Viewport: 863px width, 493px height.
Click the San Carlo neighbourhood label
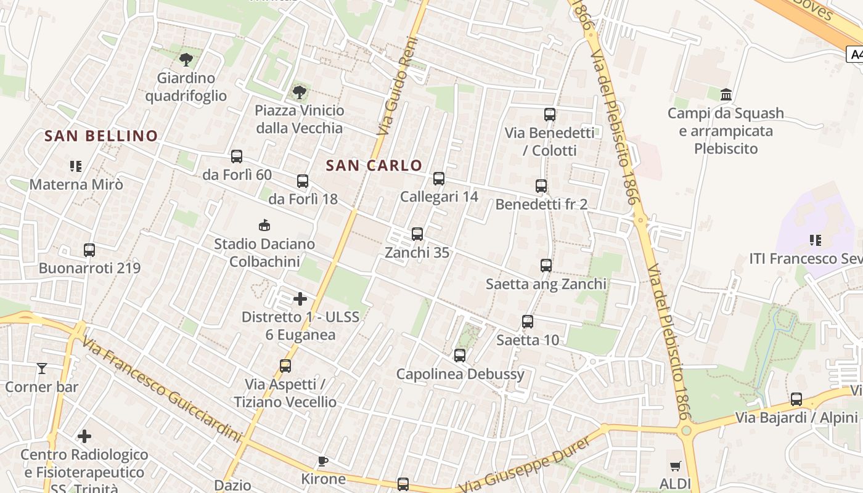[x=374, y=165]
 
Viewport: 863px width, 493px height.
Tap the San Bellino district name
[x=101, y=136]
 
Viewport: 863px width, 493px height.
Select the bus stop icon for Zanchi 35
[x=417, y=234]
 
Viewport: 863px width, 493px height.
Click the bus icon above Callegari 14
[x=439, y=179]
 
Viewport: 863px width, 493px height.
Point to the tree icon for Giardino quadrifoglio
[x=186, y=59]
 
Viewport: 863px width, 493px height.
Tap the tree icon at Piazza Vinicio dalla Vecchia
[x=299, y=92]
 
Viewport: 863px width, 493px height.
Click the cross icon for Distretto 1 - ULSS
[x=300, y=299]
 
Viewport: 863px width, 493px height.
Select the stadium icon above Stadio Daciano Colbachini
[x=264, y=225]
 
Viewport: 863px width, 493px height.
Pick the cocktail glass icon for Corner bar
[x=42, y=369]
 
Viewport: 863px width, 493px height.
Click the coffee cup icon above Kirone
[x=322, y=461]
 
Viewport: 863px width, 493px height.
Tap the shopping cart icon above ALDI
[x=676, y=467]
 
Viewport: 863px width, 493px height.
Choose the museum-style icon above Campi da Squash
[x=726, y=95]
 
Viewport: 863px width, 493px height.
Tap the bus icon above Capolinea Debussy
[x=460, y=356]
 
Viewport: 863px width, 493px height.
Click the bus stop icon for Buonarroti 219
[x=89, y=250]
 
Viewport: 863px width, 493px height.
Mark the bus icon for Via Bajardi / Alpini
[x=796, y=399]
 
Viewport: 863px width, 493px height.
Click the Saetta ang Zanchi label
[x=546, y=284]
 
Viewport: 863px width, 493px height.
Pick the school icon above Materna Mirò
[x=76, y=166]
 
